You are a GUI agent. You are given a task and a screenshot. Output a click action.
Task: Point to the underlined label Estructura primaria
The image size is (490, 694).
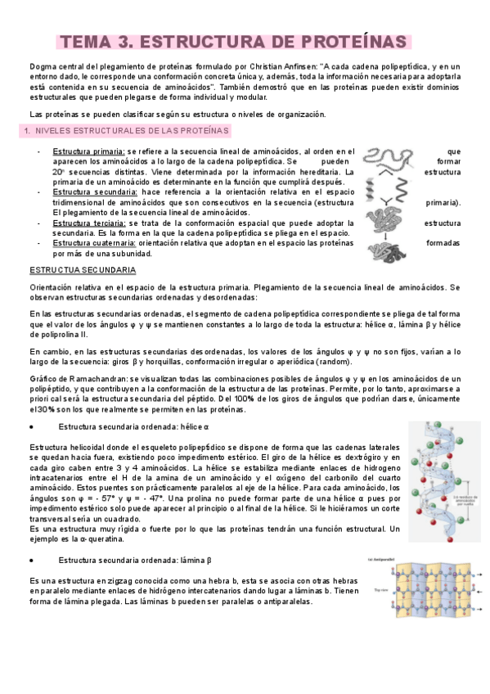tap(88, 151)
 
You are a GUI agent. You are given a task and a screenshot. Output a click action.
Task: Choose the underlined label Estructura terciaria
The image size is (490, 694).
tap(88, 223)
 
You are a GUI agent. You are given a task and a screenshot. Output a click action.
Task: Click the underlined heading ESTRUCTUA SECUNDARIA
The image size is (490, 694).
tap(83, 270)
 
